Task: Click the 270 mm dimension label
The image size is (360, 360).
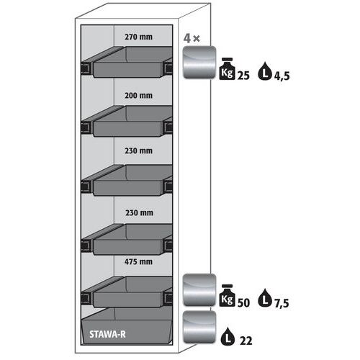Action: pos(138,37)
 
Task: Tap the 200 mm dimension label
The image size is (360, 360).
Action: pos(138,96)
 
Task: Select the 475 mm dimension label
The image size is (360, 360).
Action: pos(138,261)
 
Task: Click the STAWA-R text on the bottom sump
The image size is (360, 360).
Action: pos(107,334)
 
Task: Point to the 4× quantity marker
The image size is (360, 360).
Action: pos(192,38)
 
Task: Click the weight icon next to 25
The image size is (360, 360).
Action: pos(227,68)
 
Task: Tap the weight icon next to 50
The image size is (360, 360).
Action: pos(227,295)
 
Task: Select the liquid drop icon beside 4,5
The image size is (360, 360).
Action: pos(264,71)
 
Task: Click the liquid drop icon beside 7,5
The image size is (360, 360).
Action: pos(264,298)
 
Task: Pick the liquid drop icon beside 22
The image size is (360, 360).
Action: pos(228,336)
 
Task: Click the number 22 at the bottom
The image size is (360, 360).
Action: pos(246,341)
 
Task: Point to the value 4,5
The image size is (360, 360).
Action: pos(282,76)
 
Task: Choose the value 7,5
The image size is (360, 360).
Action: pos(282,303)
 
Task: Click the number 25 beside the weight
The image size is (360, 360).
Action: pos(243,76)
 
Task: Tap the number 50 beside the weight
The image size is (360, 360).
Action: pos(243,302)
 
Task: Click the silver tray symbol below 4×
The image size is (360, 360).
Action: pos(199,62)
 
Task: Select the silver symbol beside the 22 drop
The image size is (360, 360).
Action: pos(199,327)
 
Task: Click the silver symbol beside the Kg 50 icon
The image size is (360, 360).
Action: pos(199,289)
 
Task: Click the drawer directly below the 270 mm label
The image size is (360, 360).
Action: pos(127,62)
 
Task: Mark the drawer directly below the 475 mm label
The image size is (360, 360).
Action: pos(127,292)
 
